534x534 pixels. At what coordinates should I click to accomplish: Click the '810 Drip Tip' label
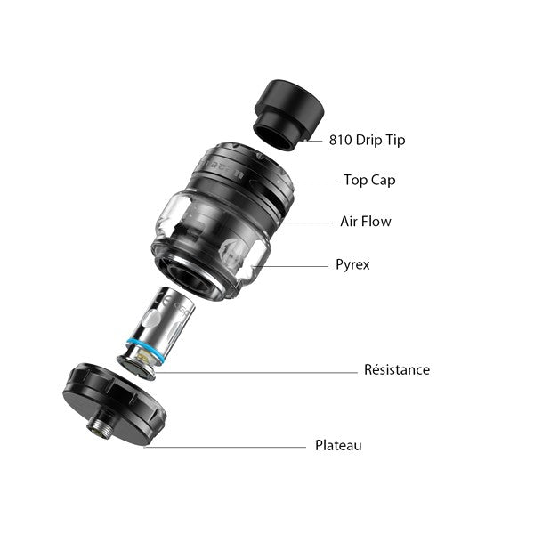click(367, 140)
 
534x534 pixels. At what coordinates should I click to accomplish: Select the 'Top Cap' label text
click(369, 180)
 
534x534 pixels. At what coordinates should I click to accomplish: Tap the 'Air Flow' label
click(366, 222)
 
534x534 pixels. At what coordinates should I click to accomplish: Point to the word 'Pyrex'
click(352, 264)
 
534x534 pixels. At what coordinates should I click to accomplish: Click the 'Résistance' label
click(397, 369)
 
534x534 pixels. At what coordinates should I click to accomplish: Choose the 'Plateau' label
click(338, 445)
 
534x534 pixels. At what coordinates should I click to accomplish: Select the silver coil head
click(156, 332)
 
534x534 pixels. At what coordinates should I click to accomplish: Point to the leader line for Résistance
click(256, 373)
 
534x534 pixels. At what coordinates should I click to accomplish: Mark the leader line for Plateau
click(225, 447)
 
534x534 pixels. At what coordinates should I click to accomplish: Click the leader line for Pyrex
click(290, 266)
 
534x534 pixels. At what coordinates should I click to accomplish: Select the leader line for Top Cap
click(309, 182)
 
